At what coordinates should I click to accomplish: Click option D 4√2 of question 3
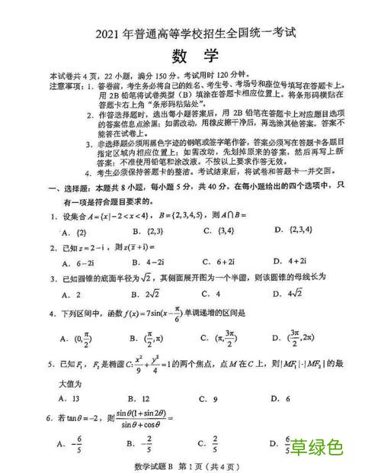pos(289,294)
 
